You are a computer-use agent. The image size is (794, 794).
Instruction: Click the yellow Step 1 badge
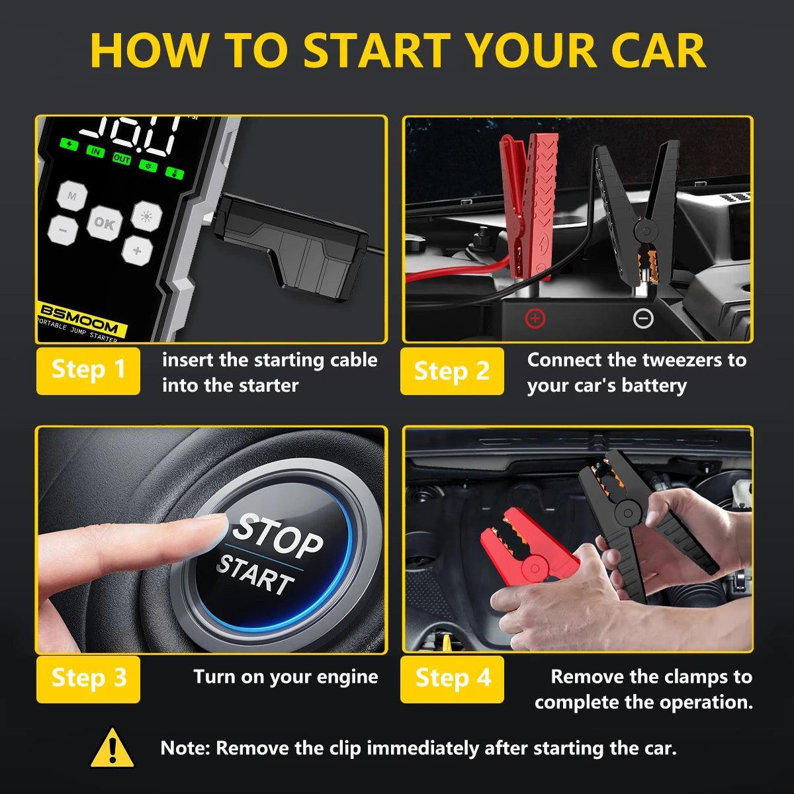[x=88, y=370]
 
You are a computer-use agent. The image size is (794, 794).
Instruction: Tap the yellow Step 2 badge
[x=451, y=371]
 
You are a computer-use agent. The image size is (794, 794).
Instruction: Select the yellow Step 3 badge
[x=88, y=678]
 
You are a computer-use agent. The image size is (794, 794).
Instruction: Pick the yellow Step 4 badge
[x=453, y=678]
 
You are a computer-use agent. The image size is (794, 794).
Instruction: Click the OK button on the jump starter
[x=103, y=223]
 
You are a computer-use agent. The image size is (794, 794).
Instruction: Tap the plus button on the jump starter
[x=137, y=250]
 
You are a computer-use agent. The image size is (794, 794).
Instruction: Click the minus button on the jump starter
[x=62, y=230]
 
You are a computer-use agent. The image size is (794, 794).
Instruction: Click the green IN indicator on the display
[x=97, y=152]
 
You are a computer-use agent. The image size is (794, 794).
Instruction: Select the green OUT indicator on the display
[x=121, y=159]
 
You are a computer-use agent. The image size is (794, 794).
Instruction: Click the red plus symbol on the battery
[x=535, y=319]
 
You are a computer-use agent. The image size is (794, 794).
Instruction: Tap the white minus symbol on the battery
[x=642, y=319]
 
